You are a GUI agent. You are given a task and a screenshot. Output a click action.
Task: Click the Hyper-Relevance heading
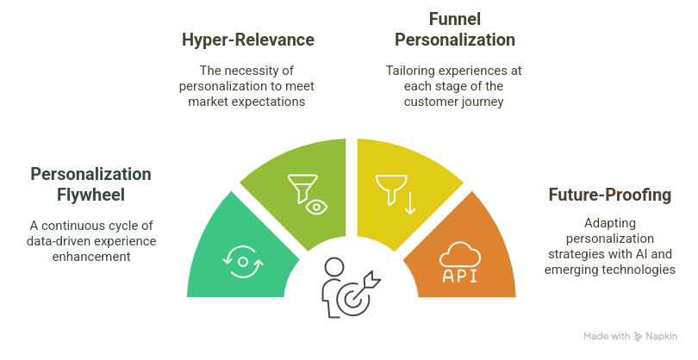tap(247, 40)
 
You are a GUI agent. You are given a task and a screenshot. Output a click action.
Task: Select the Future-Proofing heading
tap(609, 195)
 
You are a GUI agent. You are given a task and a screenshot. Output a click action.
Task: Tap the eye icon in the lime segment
tap(316, 206)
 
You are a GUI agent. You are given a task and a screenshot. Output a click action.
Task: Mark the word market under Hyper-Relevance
tap(210, 101)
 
